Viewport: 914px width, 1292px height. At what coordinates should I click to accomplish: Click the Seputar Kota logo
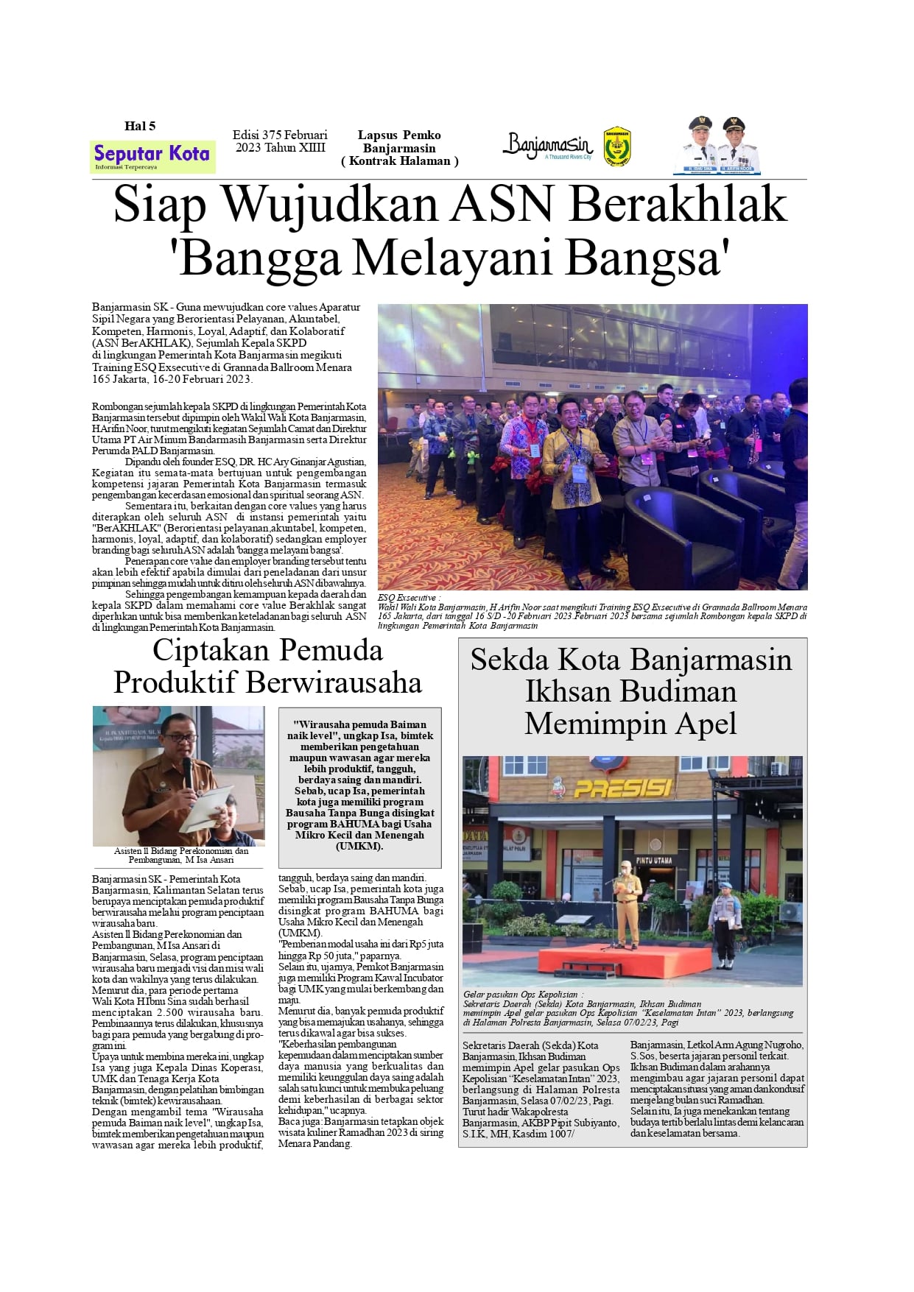[x=152, y=156]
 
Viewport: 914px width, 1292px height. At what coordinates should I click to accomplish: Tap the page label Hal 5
[x=140, y=126]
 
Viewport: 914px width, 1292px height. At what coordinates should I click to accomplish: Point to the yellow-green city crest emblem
[x=616, y=147]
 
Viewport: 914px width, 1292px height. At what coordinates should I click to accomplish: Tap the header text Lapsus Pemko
[x=399, y=135]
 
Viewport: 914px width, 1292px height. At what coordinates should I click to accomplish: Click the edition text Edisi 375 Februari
[x=280, y=135]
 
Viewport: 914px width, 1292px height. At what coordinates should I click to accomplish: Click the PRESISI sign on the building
[x=622, y=788]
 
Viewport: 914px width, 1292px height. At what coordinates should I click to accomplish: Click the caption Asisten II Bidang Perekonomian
[x=181, y=851]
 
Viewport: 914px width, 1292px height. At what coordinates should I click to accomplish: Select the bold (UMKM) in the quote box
[x=359, y=847]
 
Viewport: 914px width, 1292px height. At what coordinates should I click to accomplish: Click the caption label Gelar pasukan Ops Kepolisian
[x=522, y=995]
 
